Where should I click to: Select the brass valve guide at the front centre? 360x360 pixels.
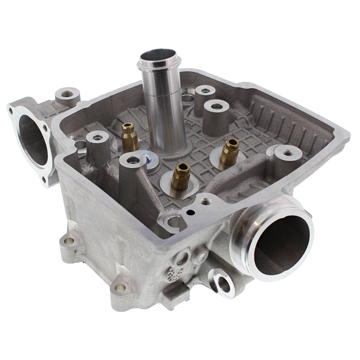(x=181, y=176)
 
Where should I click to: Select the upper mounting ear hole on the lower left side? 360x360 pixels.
(x=68, y=241)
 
